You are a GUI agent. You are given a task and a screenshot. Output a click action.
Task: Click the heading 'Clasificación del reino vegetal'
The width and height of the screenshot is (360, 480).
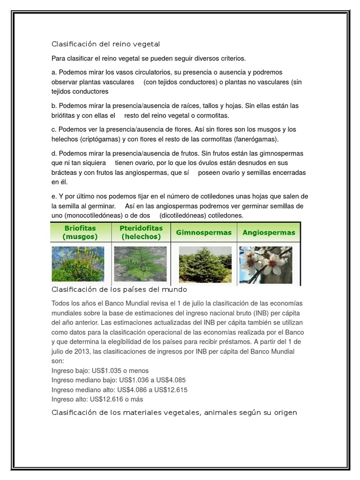coord(105,44)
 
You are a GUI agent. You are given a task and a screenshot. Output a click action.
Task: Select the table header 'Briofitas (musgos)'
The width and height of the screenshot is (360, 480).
coord(80,232)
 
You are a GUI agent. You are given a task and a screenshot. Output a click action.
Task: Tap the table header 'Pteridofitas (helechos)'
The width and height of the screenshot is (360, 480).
coord(141,232)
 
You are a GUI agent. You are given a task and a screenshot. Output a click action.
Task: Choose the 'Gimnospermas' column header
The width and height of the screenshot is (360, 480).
coord(204,232)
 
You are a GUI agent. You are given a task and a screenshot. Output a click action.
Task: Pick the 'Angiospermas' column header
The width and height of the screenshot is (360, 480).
coord(269,232)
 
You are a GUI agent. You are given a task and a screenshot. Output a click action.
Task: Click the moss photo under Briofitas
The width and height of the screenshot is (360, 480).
coord(78,263)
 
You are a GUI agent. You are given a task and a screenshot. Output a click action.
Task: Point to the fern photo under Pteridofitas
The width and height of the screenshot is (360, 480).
coord(140,263)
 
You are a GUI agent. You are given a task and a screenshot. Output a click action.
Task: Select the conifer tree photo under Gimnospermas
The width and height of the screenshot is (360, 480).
coord(205,264)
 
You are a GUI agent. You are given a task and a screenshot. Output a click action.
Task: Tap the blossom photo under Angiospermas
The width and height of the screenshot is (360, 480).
coord(266,264)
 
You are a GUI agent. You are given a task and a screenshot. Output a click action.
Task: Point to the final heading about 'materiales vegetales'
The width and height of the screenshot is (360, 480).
coord(174,412)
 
